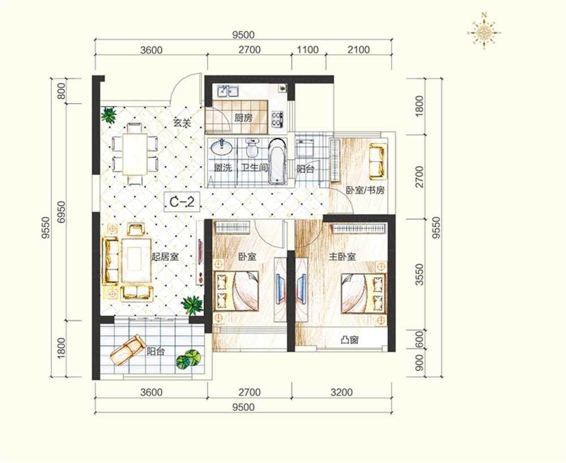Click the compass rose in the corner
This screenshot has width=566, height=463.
pyautogui.click(x=484, y=31)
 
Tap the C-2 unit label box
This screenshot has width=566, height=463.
pyautogui.click(x=182, y=202)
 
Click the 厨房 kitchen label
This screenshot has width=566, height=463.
pyautogui.click(x=243, y=118)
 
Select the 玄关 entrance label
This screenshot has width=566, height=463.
pyautogui.click(x=182, y=123)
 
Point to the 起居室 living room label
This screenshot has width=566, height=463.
pyautogui.click(x=165, y=257)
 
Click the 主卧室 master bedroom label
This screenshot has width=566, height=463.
pyautogui.click(x=342, y=257)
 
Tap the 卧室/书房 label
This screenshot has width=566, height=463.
pyautogui.click(x=365, y=190)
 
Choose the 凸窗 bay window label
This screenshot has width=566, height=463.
pyautogui.click(x=349, y=340)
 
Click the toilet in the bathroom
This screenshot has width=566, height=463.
pyautogui.click(x=252, y=148)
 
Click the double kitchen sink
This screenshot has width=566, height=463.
pyautogui.click(x=228, y=91)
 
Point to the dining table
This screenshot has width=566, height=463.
pyautogui.click(x=135, y=154)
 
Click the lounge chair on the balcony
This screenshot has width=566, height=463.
pyautogui.click(x=127, y=350)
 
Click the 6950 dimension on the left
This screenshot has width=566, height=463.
pyautogui.click(x=62, y=212)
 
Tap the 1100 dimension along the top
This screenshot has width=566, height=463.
pyautogui.click(x=307, y=49)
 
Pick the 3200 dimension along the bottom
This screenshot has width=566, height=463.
pyautogui.click(x=341, y=392)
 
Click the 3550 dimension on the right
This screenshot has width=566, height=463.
pyautogui.click(x=419, y=274)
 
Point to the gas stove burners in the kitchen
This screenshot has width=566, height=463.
pyautogui.click(x=277, y=119)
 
